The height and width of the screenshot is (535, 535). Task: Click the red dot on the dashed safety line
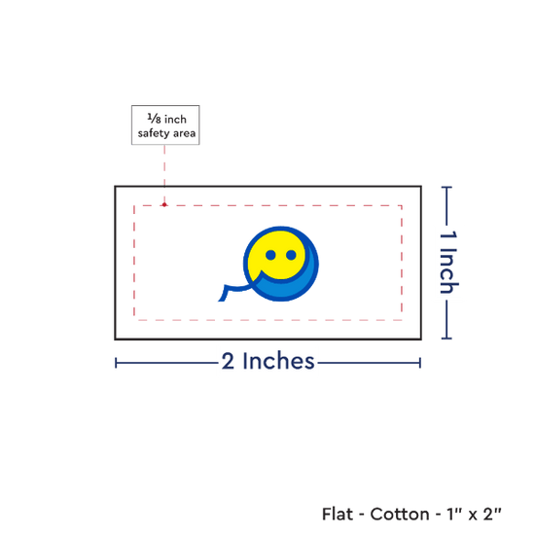pyautogui.click(x=164, y=204)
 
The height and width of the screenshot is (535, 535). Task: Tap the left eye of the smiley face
pyautogui.click(x=270, y=255)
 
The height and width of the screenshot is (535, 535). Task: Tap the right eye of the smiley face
pyautogui.click(x=291, y=255)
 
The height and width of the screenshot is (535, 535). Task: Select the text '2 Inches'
pyautogui.click(x=267, y=361)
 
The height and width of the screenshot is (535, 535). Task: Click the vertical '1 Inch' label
pyautogui.click(x=448, y=263)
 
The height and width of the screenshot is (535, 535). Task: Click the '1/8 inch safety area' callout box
pyautogui.click(x=165, y=125)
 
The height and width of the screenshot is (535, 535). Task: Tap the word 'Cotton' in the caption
pyautogui.click(x=400, y=514)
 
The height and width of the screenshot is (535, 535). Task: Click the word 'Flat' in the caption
pyautogui.click(x=338, y=514)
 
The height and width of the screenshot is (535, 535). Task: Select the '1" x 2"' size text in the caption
pyautogui.click(x=474, y=514)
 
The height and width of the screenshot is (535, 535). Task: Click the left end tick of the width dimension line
pyautogui.click(x=116, y=363)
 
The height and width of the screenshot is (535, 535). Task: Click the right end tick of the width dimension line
pyautogui.click(x=420, y=363)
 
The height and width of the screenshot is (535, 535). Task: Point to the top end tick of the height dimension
pyautogui.click(x=446, y=188)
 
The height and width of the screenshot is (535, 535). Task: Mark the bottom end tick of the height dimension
pyautogui.click(x=446, y=339)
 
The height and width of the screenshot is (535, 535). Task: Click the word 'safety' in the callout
pyautogui.click(x=154, y=133)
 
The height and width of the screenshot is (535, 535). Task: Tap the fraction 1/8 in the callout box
pyautogui.click(x=154, y=119)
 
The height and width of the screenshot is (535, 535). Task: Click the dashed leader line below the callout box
pyautogui.click(x=164, y=174)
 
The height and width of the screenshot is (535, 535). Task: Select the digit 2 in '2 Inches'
pyautogui.click(x=228, y=361)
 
